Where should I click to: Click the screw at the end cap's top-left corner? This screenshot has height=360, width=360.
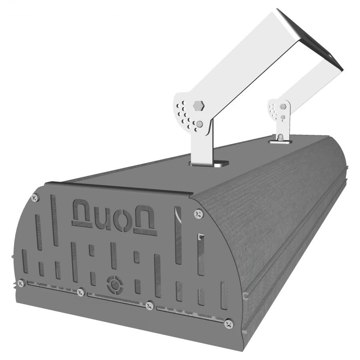34,197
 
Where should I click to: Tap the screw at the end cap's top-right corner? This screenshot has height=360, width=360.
198,214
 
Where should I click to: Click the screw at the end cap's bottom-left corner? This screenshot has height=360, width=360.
22,282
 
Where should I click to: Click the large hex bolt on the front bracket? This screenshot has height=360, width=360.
198,106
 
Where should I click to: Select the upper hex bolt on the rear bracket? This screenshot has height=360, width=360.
283,106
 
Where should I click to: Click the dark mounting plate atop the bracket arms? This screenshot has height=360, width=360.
312,40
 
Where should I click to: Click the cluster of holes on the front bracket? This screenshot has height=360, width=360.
185,114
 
